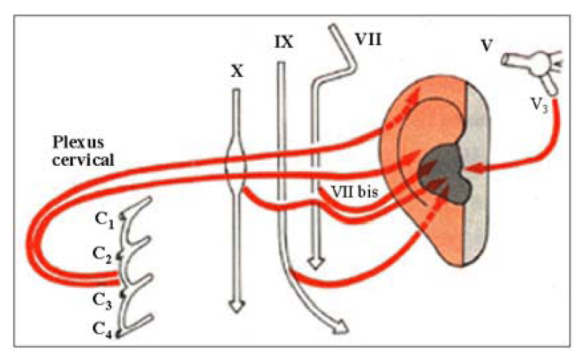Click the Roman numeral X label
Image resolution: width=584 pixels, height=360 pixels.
237,71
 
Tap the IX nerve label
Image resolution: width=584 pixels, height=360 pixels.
284,42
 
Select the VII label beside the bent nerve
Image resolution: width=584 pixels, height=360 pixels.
368,39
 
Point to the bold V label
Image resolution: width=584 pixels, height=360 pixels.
487,45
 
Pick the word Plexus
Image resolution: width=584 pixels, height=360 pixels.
79,143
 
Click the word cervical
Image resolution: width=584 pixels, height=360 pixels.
83,160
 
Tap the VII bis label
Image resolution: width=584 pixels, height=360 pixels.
355,192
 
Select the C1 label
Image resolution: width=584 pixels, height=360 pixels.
104,220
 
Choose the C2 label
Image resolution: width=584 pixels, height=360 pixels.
102,255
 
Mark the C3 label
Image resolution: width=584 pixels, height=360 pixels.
102,300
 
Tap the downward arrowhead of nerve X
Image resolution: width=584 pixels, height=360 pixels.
237,306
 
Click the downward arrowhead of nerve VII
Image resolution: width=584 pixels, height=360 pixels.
316,263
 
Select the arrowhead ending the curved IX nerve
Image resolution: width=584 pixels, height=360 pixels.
341,327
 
